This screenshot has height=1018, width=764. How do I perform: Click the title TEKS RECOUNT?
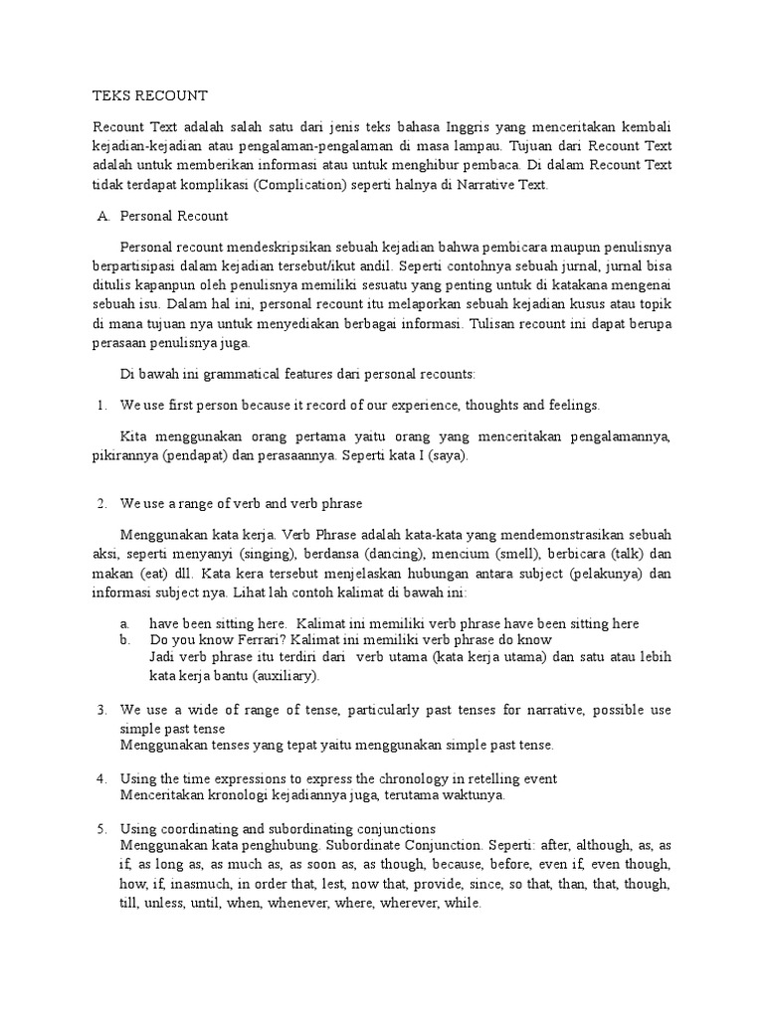[x=149, y=95]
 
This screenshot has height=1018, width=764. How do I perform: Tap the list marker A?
[x=102, y=216]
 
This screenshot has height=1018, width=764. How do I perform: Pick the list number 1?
[x=101, y=405]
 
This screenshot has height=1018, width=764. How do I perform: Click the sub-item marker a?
[x=124, y=623]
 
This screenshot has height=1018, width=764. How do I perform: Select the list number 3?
[x=101, y=711]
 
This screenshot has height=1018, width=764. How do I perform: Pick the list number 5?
[x=101, y=828]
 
